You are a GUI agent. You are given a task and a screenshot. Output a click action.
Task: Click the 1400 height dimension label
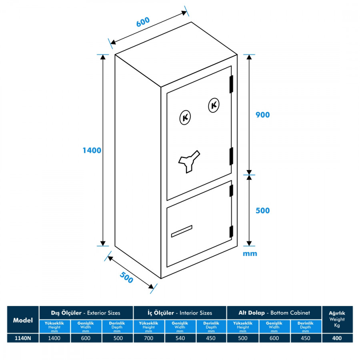pyautogui.click(x=92, y=150)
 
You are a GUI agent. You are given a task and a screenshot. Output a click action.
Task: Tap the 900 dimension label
pyautogui.click(x=262, y=115)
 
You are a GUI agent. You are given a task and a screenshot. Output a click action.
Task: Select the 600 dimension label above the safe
pyautogui.click(x=143, y=22)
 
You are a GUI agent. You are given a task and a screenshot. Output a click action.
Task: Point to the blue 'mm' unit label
pyautogui.click(x=250, y=254)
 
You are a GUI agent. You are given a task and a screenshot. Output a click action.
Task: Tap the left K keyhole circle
pyautogui.click(x=185, y=117)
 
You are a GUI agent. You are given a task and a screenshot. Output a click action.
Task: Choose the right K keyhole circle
pyautogui.click(x=214, y=105)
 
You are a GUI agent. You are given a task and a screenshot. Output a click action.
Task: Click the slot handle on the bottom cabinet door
pyautogui.click(x=182, y=232)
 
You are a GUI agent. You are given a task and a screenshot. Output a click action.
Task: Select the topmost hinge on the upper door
pyautogui.click(x=231, y=84)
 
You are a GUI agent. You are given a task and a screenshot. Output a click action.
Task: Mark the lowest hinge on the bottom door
pyautogui.click(x=231, y=231)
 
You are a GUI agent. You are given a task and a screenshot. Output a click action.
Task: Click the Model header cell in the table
pyautogui.click(x=23, y=320)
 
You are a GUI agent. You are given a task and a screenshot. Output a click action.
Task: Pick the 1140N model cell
pyautogui.click(x=23, y=338)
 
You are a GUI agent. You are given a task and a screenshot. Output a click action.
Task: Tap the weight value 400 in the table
pyautogui.click(x=337, y=338)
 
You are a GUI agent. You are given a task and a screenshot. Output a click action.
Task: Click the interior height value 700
pyautogui.click(x=148, y=338)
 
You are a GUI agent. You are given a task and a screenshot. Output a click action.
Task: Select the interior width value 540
pyautogui.click(x=180, y=338)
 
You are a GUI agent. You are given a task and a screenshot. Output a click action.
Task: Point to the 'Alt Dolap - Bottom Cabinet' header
pyautogui.click(x=274, y=313)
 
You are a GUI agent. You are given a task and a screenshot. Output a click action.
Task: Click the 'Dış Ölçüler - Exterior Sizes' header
pyautogui.click(x=86, y=313)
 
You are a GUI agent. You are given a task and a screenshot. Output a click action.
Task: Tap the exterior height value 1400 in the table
pyautogui.click(x=55, y=338)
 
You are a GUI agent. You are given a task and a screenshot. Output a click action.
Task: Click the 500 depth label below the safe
pyautogui.click(x=126, y=278)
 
